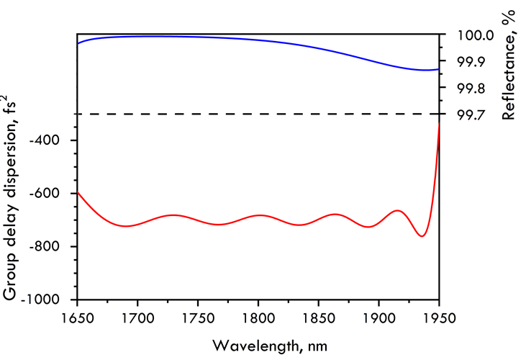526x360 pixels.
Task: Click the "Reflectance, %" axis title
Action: (509, 66)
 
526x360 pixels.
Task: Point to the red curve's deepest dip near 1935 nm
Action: (422, 236)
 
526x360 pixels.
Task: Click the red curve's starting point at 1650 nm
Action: (77, 193)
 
